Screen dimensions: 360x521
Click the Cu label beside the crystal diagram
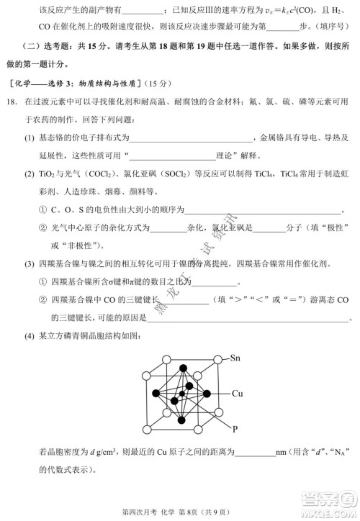pos(237,394)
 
